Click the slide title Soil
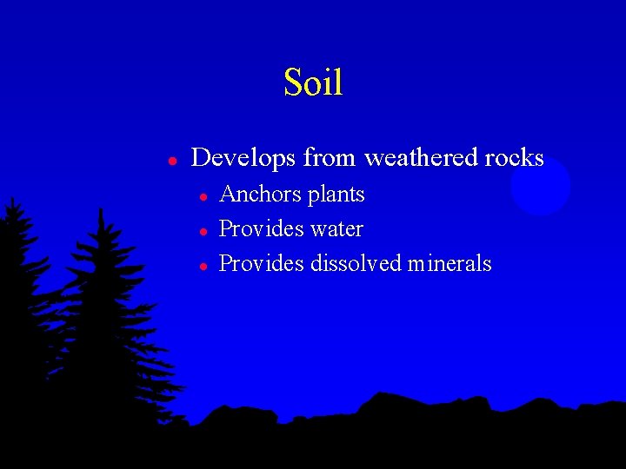pyautogui.click(x=313, y=83)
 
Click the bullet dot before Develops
pyautogui.click(x=172, y=160)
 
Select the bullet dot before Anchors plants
pyautogui.click(x=202, y=196)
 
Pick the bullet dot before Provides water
pyautogui.click(x=202, y=231)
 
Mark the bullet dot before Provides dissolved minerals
pyautogui.click(x=202, y=266)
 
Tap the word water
pyautogui.click(x=336, y=229)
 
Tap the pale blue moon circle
pyautogui.click(x=540, y=186)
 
